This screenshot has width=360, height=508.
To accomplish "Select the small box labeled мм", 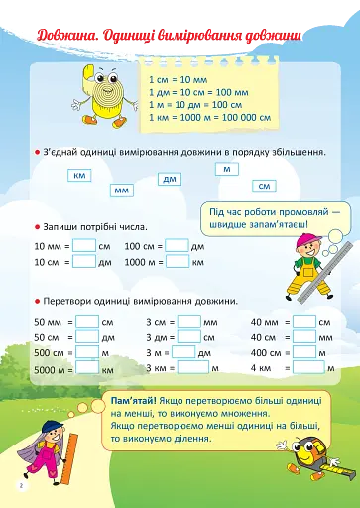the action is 122,190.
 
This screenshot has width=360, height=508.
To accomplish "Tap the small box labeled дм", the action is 170,179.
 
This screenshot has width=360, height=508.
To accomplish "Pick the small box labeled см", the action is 264,186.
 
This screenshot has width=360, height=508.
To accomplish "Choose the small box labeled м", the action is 228,169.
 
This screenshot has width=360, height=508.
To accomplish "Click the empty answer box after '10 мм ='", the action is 84,245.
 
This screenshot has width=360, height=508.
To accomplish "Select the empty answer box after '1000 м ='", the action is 178,262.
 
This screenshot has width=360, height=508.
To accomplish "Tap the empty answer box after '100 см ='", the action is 177,245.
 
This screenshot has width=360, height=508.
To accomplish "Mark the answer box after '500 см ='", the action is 88,352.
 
